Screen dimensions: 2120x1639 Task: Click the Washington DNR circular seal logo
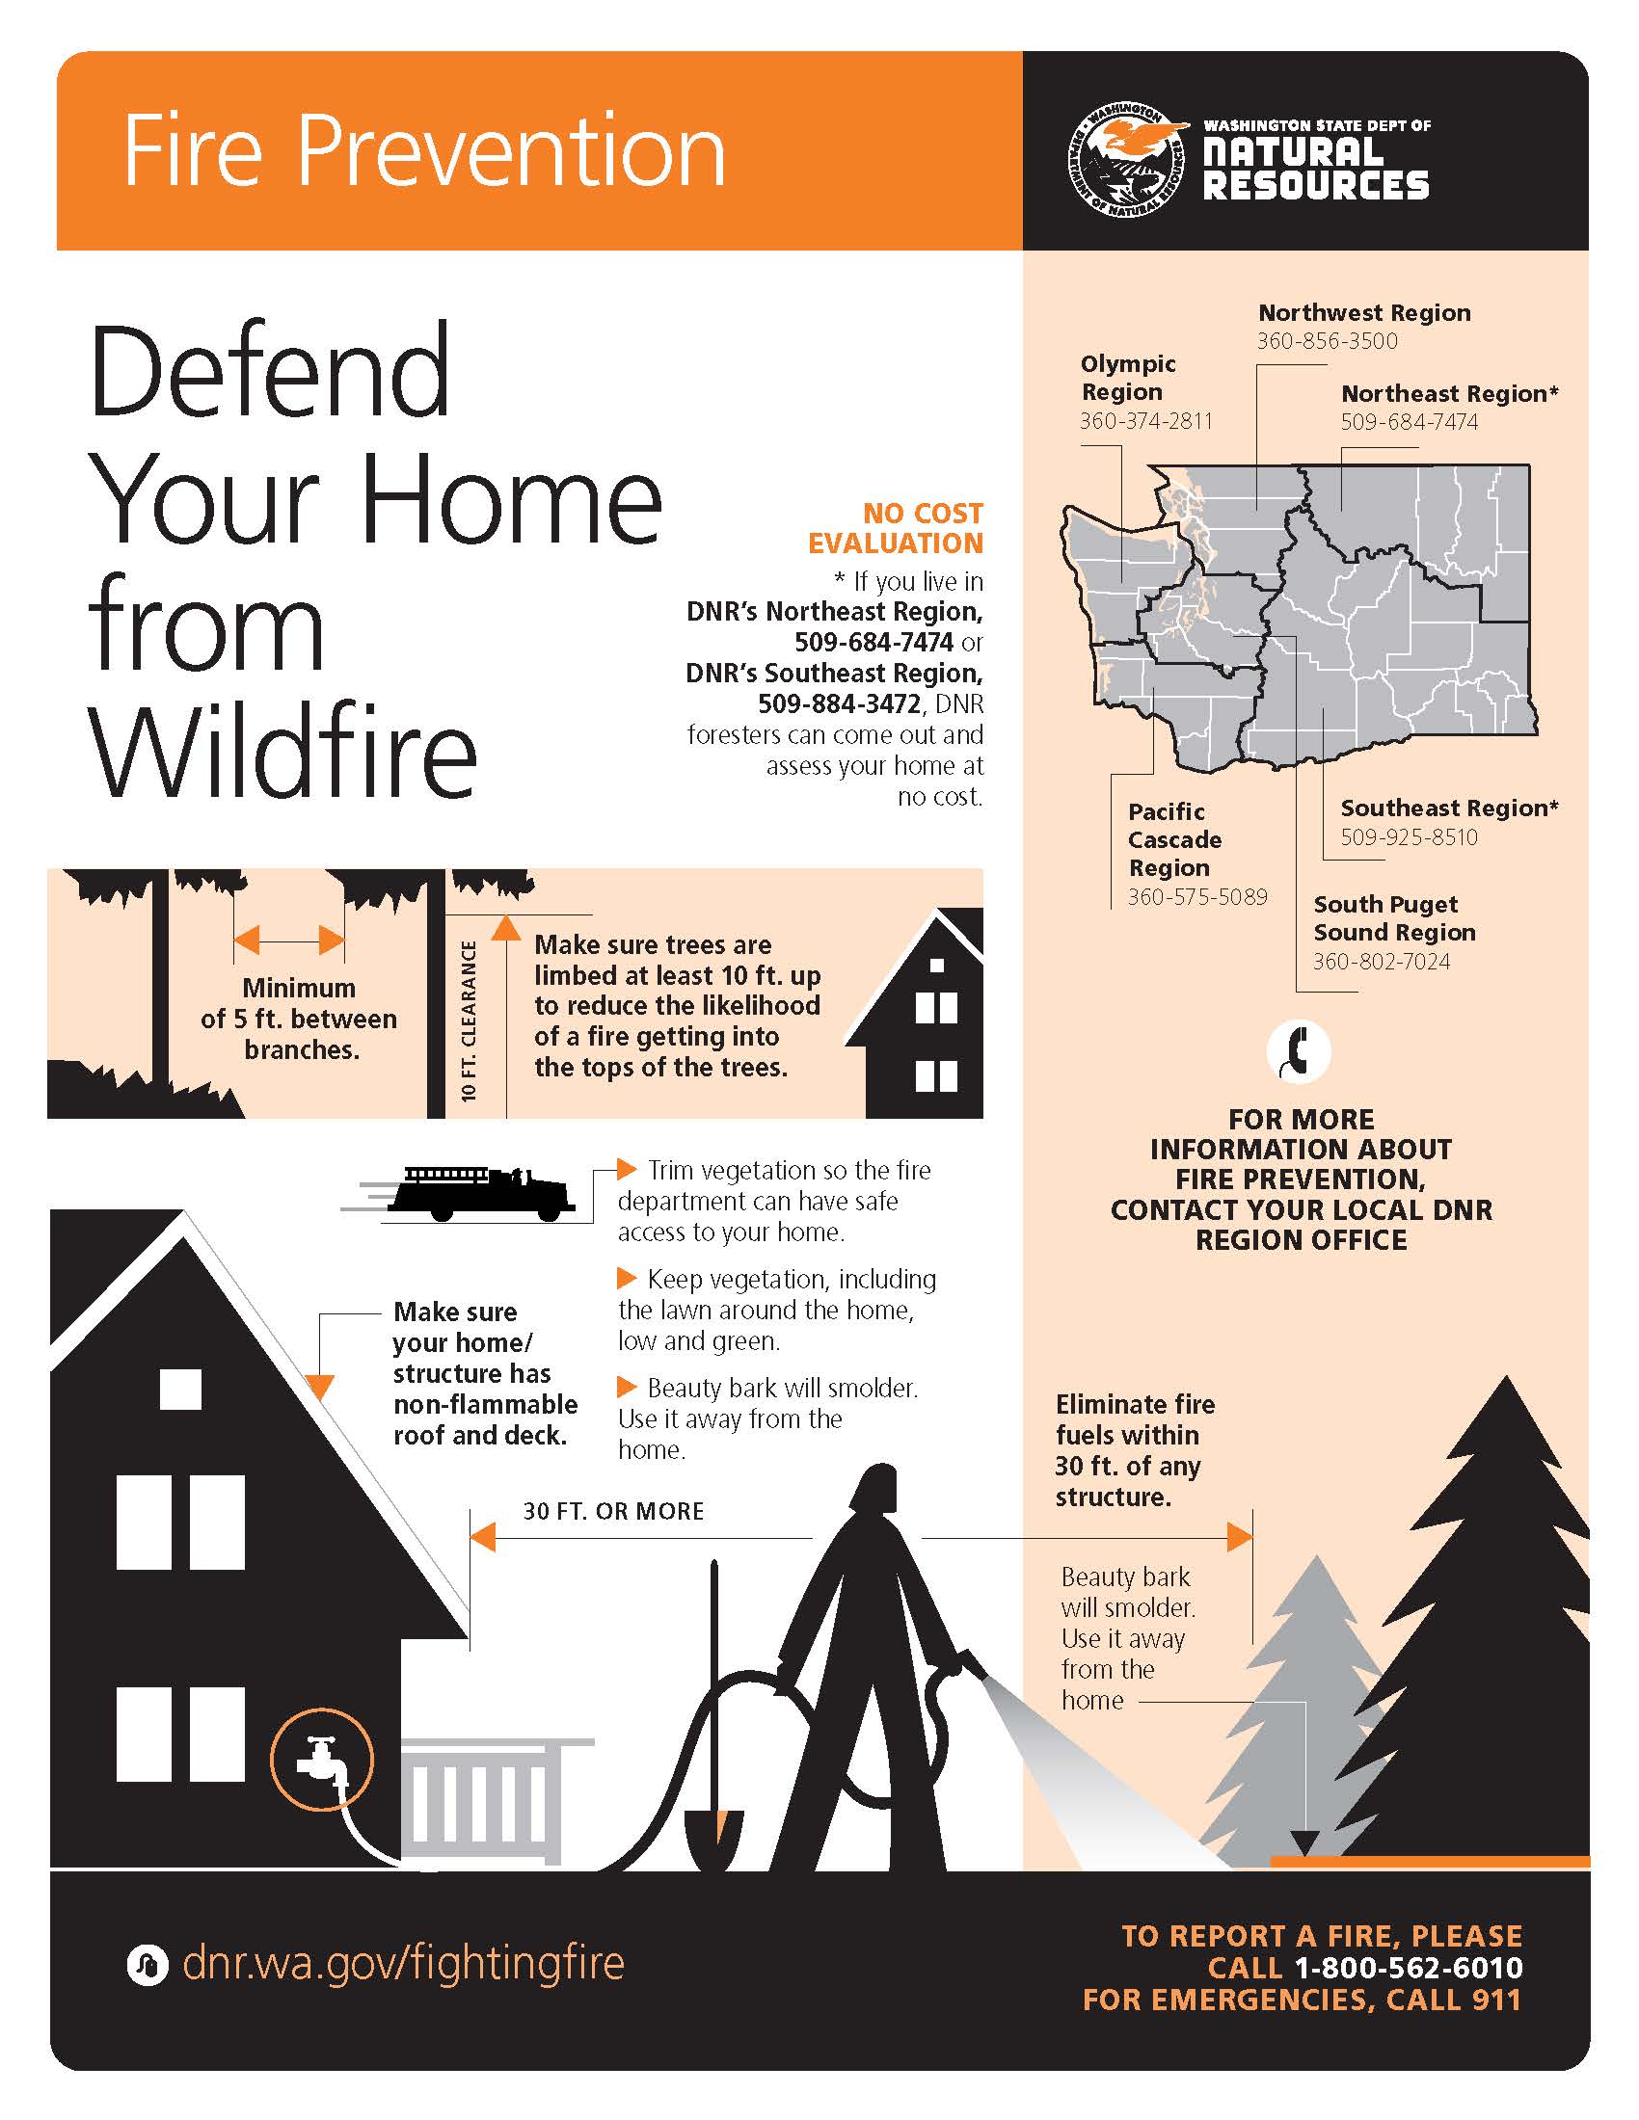(1126, 160)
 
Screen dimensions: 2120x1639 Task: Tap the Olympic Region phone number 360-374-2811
(1145, 421)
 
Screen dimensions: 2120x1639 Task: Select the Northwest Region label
(1364, 312)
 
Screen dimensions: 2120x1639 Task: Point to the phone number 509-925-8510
(1409, 836)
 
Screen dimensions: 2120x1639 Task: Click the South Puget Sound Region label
(1393, 918)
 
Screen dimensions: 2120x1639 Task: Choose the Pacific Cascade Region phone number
(1197, 897)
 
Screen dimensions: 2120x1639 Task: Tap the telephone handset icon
(1299, 1051)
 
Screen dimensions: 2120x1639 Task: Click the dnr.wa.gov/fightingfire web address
(403, 1963)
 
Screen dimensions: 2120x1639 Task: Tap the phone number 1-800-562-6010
(1408, 1968)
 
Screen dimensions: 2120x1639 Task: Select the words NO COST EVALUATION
(896, 528)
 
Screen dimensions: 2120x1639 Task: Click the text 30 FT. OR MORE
(613, 1511)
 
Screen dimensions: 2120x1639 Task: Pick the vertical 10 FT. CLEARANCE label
(469, 1020)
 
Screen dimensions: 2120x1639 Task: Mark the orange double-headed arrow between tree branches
(289, 940)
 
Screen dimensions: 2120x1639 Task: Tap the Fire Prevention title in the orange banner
(424, 151)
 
